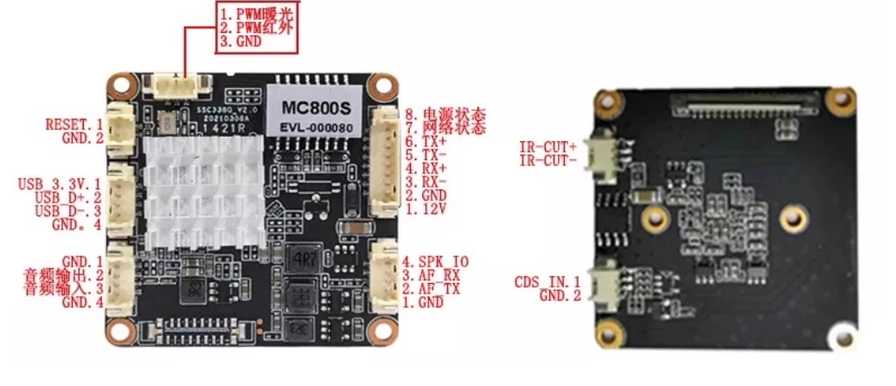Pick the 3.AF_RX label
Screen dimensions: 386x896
430,275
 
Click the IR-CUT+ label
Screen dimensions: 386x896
548,146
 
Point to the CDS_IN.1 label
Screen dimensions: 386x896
547,281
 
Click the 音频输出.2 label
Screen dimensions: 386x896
64,275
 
